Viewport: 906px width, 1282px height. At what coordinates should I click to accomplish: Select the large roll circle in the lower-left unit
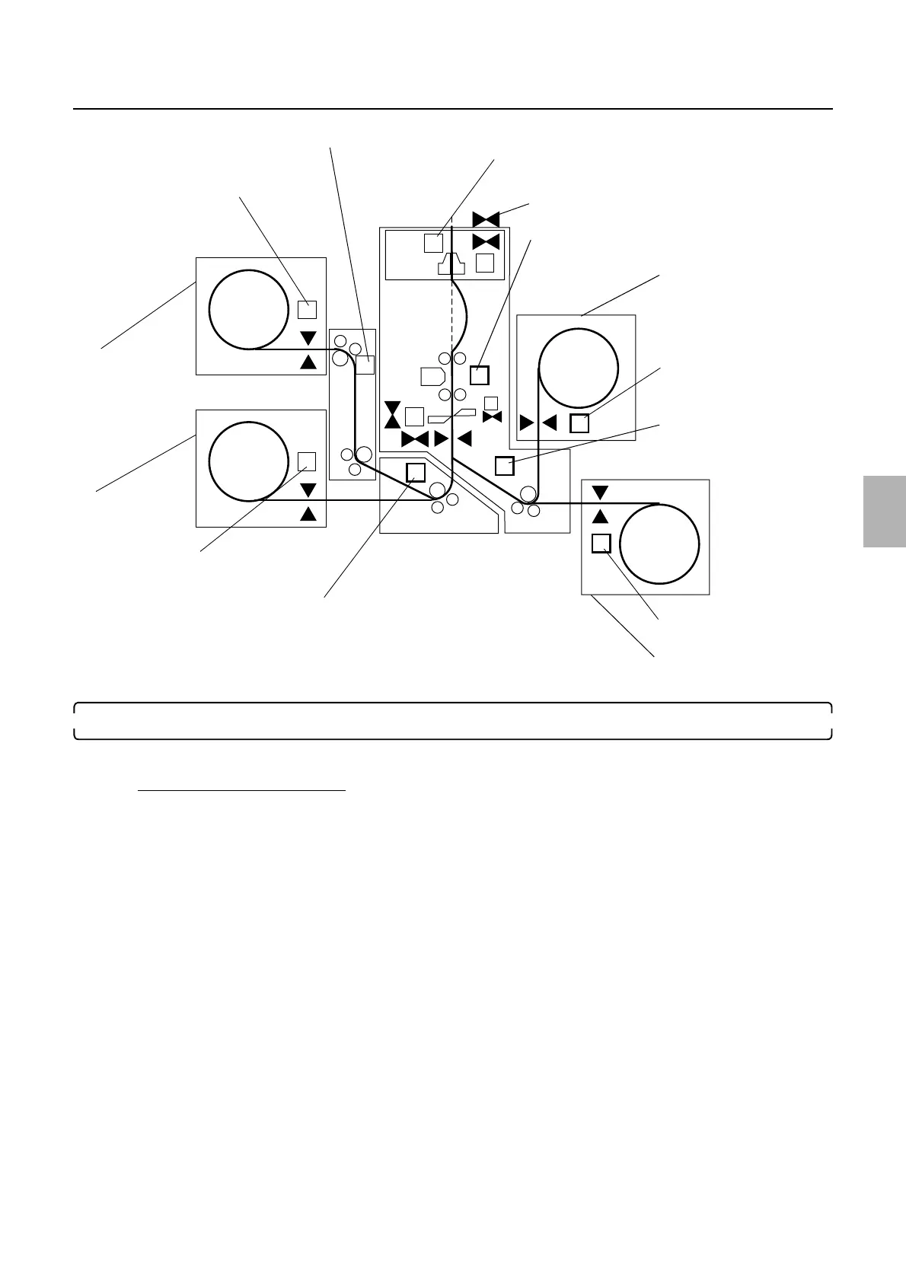coord(248,461)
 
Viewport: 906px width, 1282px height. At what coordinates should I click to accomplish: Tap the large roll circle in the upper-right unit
coord(578,368)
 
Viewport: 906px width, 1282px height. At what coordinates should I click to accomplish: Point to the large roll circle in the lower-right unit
coord(659,544)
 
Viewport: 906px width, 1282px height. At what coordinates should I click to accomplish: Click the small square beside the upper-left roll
coord(307,309)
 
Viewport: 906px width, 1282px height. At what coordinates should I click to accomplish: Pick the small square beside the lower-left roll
coord(307,461)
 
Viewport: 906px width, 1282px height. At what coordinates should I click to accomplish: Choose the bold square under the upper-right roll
coord(579,423)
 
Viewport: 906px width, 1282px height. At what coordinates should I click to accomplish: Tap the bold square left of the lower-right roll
coord(601,544)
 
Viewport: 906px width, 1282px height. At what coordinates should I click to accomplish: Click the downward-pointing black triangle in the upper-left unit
coord(308,338)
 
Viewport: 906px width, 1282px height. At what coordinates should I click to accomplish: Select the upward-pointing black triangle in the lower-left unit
coord(308,513)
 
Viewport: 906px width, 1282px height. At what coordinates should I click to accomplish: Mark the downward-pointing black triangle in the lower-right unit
coord(600,493)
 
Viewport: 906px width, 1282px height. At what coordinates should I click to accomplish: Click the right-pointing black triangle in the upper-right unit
coord(526,423)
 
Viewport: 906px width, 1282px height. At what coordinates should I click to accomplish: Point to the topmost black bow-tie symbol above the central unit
coord(486,219)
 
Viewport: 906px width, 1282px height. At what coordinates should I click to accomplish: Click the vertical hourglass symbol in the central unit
coord(392,414)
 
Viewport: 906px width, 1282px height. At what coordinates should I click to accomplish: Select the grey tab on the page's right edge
coord(885,512)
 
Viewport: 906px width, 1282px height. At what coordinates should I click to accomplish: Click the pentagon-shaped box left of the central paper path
coord(432,376)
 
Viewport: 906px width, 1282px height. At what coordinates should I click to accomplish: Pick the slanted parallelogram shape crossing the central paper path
coord(452,416)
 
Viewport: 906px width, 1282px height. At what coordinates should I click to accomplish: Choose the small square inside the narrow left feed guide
coord(365,365)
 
